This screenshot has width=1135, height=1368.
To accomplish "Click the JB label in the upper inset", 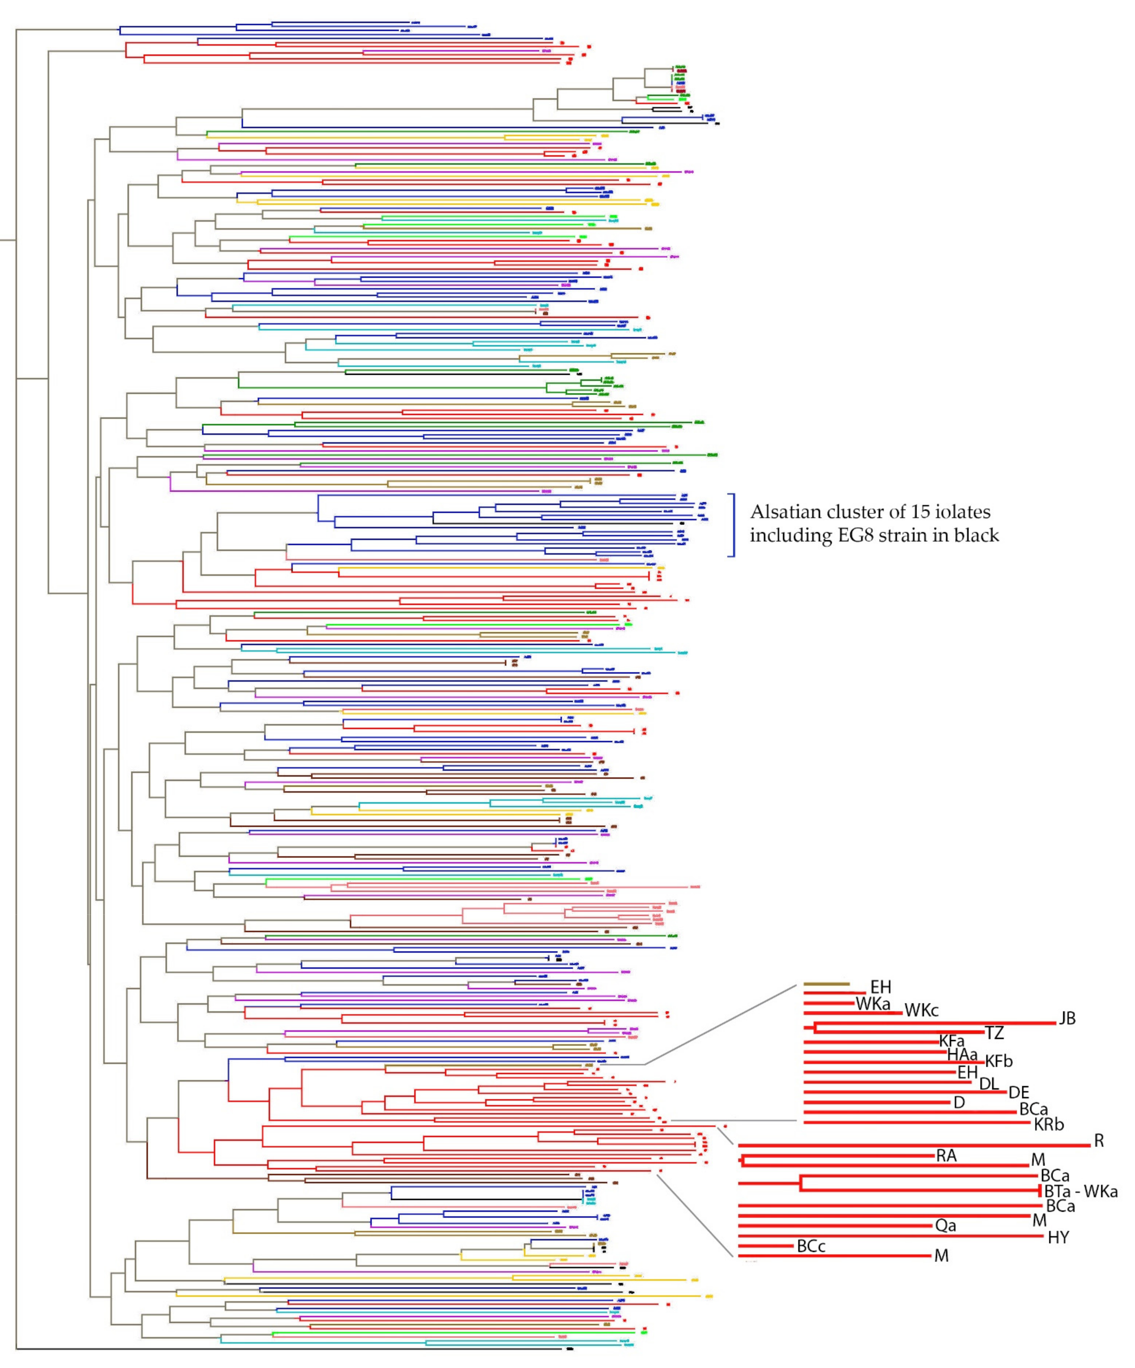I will pyautogui.click(x=1067, y=1018).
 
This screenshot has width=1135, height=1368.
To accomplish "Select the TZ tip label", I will pyautogui.click(x=994, y=1032).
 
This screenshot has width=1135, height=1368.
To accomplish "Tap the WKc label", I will pyautogui.click(x=921, y=1010).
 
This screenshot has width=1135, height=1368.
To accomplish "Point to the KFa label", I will pyautogui.click(x=951, y=1041).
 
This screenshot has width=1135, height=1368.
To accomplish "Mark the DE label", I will pyautogui.click(x=1018, y=1092).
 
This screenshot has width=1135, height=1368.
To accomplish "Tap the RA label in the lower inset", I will pyautogui.click(x=946, y=1156).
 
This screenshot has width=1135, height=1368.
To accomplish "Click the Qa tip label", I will pyautogui.click(x=945, y=1225).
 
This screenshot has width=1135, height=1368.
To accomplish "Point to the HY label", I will pyautogui.click(x=1058, y=1237).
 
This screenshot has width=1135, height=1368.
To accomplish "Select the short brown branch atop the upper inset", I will pyautogui.click(x=826, y=984).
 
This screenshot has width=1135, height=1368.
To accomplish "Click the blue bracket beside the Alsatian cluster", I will pyautogui.click(x=734, y=525).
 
